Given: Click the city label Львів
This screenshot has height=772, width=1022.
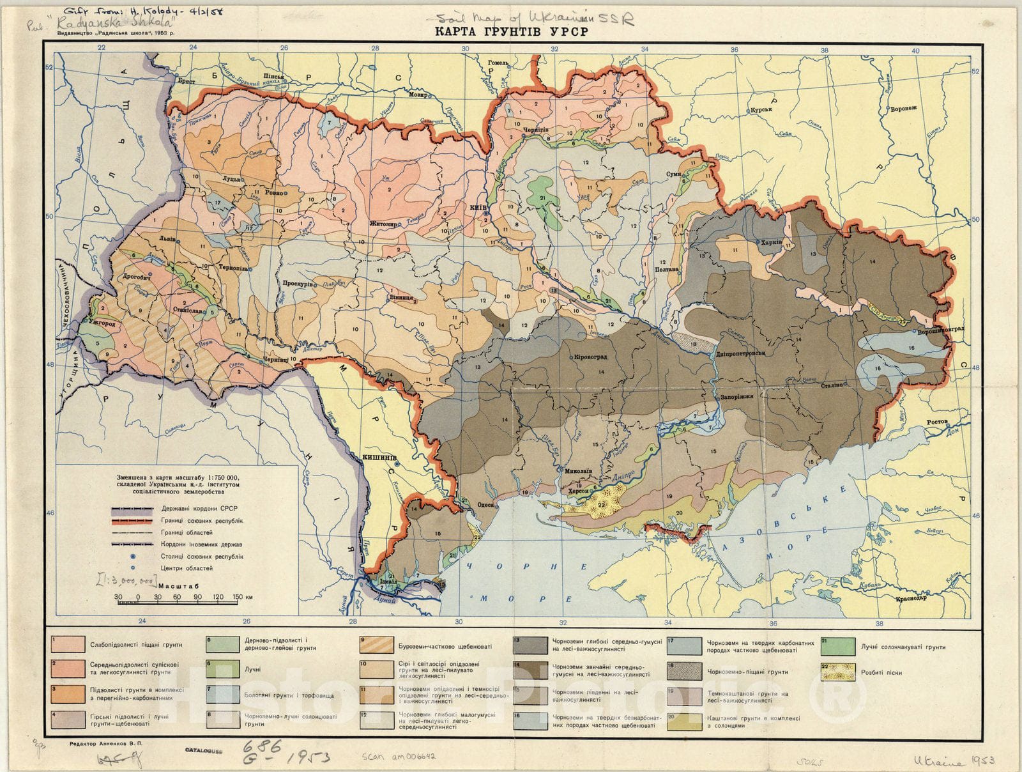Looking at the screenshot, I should tap(168, 236).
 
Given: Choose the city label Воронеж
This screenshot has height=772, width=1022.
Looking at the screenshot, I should tap(902, 108).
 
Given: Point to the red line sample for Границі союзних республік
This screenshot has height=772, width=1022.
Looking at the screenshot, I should tap(132, 521).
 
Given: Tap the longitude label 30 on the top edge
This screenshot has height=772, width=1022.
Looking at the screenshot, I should tap(466, 49).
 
